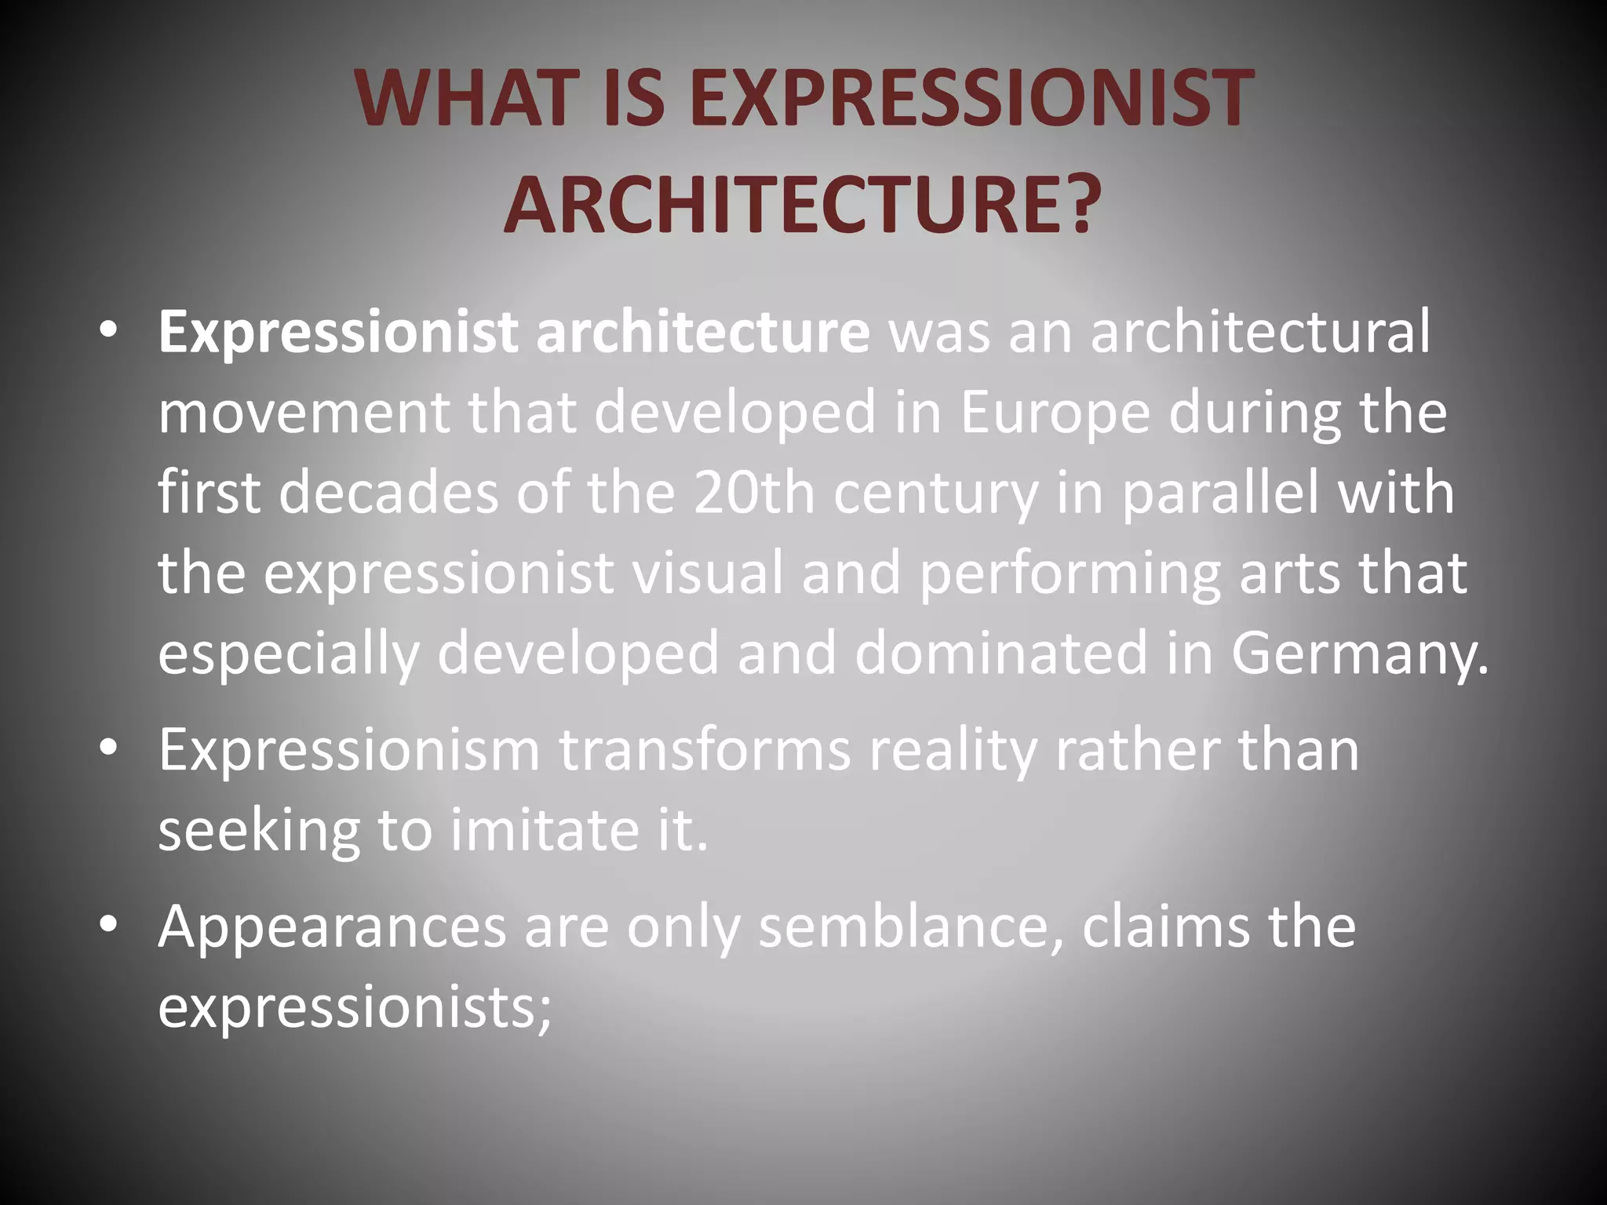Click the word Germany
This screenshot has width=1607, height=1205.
(1358, 653)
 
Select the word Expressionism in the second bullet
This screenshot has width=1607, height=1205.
(349, 751)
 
